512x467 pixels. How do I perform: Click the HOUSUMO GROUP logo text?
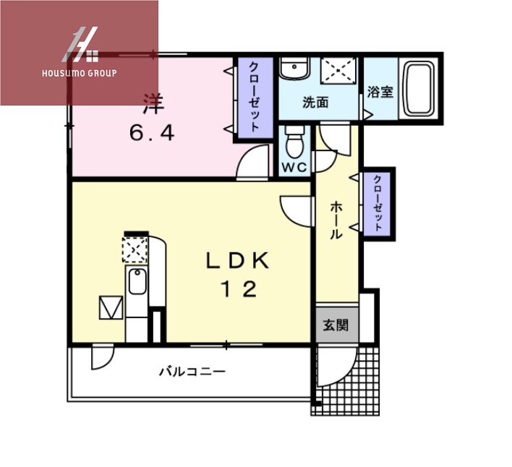80,73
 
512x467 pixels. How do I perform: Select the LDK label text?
238,261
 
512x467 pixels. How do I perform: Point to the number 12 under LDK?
238,289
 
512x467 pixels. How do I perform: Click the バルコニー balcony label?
192,372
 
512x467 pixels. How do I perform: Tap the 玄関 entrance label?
335,325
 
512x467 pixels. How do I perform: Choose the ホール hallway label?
336,220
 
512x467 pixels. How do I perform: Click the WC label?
294,167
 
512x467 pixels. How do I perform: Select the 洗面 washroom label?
315,103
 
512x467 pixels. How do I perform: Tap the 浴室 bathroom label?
380,92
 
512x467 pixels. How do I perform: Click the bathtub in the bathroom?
417,89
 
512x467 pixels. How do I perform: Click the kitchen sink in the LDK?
136,283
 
